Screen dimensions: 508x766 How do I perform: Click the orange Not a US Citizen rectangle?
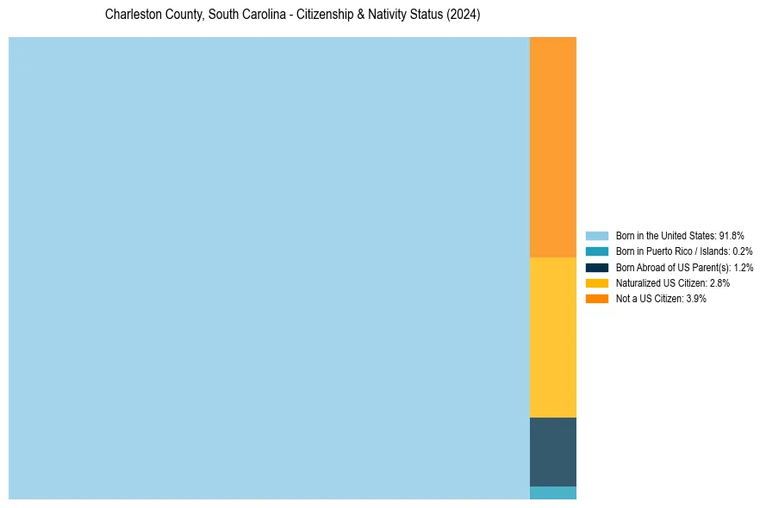pyautogui.click(x=552, y=146)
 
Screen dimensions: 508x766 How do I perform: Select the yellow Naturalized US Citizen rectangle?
pyautogui.click(x=552, y=337)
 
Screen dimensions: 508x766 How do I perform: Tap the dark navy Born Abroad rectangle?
pyautogui.click(x=552, y=451)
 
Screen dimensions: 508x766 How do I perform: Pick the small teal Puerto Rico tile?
pyautogui.click(x=552, y=493)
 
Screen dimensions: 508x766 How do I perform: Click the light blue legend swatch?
pyautogui.click(x=596, y=235)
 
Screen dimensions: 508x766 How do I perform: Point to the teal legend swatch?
pyautogui.click(x=596, y=251)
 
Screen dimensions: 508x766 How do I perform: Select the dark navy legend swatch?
pyautogui.click(x=596, y=267)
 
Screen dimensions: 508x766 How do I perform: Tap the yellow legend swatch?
pyautogui.click(x=596, y=282)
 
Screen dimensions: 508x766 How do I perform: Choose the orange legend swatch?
pyautogui.click(x=596, y=298)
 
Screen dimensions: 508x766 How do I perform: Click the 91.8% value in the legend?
pyautogui.click(x=731, y=235)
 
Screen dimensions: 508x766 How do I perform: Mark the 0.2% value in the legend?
pyautogui.click(x=743, y=251)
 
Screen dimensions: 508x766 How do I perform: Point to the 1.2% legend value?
pyautogui.click(x=744, y=267)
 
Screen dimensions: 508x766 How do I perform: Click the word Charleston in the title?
pyautogui.click(x=133, y=15)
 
